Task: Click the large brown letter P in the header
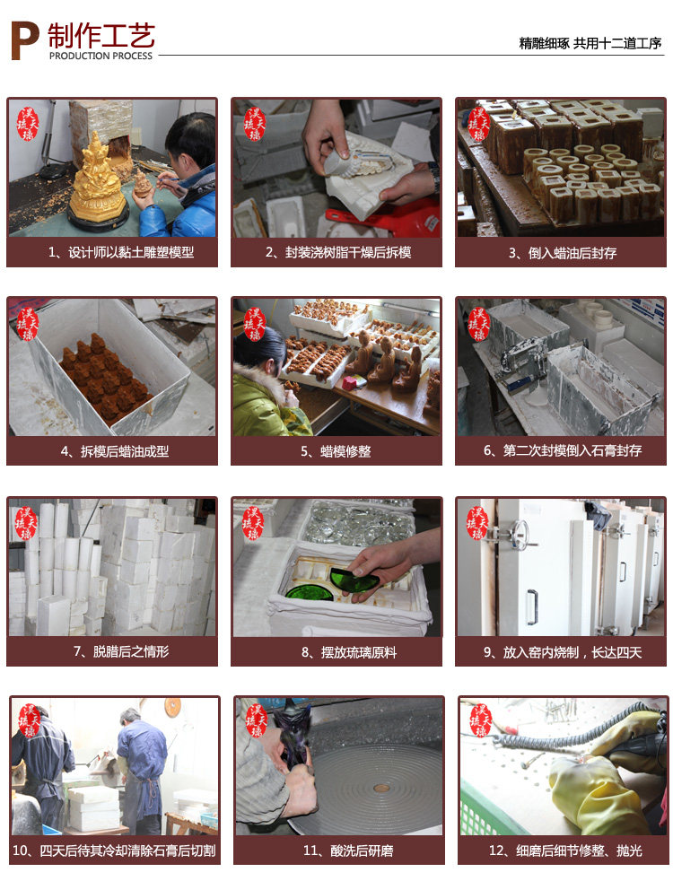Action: coord(25,40)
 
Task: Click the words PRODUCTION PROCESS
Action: coord(101,56)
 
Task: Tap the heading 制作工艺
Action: coord(101,35)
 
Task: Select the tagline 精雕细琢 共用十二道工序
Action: coord(590,43)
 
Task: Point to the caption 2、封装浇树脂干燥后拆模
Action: coord(338,252)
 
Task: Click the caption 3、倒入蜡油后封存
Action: coord(563,253)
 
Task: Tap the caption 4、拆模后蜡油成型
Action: coord(115,451)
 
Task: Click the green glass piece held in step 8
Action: coord(354,580)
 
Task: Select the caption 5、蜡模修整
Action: coord(336,451)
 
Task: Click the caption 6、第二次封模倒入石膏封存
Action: coord(563,450)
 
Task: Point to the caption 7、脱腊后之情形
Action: coord(121,651)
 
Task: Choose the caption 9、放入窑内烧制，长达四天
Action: coord(563,651)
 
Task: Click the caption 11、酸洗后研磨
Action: coord(348,850)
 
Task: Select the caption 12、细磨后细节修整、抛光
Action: coord(565,850)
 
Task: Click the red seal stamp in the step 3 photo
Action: coord(477,124)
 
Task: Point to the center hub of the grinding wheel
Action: coord(381,789)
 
